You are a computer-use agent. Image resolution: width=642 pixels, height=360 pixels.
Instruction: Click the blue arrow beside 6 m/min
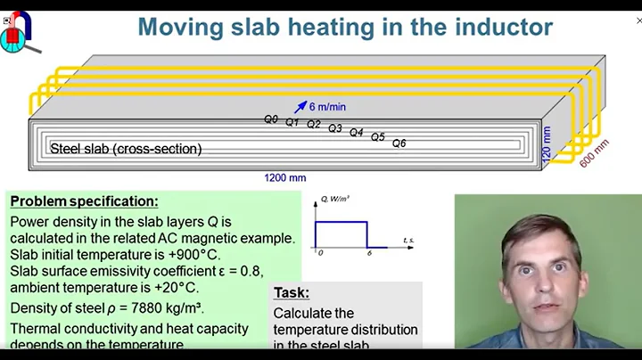tap(300, 106)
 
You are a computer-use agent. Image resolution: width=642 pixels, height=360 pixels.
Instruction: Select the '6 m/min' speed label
tap(327, 107)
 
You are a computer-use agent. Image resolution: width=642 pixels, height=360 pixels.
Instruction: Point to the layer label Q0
tap(271, 119)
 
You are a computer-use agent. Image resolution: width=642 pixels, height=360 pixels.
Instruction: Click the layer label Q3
tap(335, 128)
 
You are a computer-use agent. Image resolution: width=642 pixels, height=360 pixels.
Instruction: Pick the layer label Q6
tap(399, 143)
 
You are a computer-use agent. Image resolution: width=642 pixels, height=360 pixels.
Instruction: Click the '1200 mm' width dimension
tap(284, 177)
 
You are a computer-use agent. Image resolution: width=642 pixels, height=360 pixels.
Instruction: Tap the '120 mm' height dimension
tap(547, 142)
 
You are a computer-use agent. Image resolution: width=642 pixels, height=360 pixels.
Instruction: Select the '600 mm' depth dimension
tap(595, 152)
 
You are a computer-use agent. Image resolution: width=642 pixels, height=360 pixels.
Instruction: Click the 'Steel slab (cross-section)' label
tap(126, 149)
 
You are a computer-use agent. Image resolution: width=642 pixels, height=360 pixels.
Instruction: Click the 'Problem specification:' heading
tap(84, 201)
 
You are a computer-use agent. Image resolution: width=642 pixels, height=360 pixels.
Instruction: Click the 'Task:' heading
tap(292, 292)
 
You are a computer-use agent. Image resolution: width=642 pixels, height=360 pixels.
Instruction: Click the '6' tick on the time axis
tap(366, 254)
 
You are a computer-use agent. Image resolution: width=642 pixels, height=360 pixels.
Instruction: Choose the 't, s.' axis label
tap(408, 241)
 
